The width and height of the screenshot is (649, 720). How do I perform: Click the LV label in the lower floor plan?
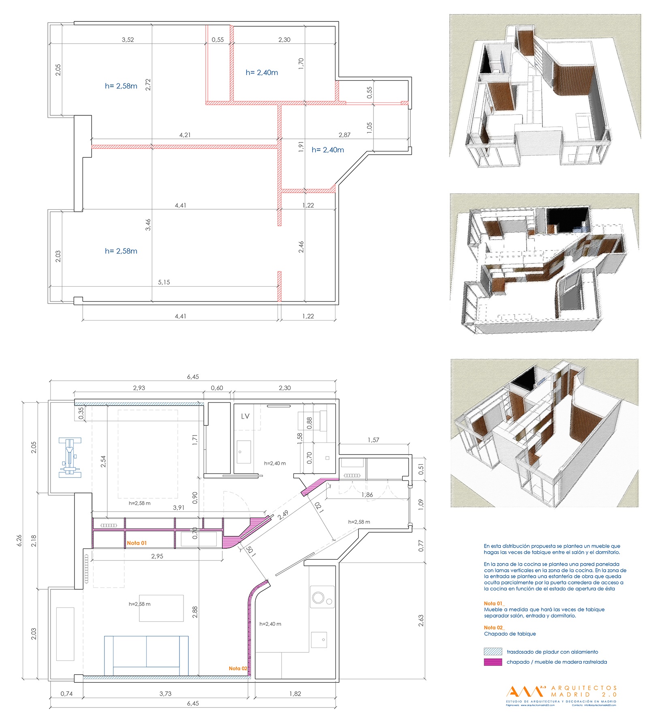245,416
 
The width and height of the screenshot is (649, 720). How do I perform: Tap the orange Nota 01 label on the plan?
137,543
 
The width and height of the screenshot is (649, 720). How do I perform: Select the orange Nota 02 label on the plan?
238,668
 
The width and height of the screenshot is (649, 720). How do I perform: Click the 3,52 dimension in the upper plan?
128,40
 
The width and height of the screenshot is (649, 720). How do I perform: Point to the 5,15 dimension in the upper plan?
164,282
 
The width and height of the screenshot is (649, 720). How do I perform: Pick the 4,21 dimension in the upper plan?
185,135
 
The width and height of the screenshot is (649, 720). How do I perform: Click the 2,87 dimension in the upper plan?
344,135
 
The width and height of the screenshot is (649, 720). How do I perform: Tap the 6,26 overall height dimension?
19,541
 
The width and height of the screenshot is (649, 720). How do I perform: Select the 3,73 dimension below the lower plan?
165,694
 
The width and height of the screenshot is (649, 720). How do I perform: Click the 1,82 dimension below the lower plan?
295,694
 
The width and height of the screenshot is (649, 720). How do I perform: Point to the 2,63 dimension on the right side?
421,621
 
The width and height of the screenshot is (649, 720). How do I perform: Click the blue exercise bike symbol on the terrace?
70,457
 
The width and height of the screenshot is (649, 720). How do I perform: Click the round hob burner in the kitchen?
318,598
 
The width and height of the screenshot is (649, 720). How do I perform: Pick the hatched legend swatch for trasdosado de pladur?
493,652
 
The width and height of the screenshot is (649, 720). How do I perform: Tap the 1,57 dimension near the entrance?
373,440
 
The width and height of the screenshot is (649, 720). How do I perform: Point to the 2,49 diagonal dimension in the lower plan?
283,515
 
